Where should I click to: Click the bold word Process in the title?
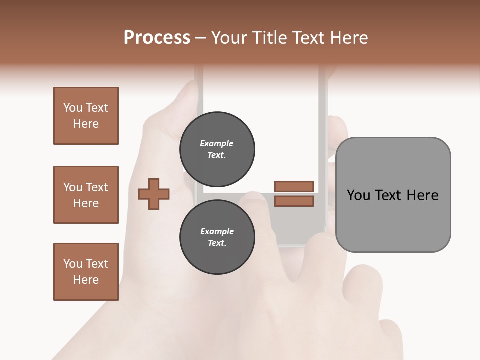(157, 38)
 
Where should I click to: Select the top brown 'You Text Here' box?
(86, 116)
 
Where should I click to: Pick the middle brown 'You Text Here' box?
(86, 195)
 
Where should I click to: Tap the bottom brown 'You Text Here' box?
(86, 272)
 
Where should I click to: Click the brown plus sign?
(154, 194)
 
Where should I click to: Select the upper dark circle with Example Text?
(217, 149)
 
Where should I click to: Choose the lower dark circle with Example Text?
(217, 237)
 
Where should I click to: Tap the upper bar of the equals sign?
(294, 186)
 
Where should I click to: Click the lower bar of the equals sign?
(294, 201)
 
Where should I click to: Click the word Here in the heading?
(348, 38)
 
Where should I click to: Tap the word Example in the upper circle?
(217, 143)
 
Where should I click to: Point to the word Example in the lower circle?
(217, 231)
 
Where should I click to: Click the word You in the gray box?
(358, 195)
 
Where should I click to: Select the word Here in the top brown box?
(86, 124)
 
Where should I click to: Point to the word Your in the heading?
(228, 38)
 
